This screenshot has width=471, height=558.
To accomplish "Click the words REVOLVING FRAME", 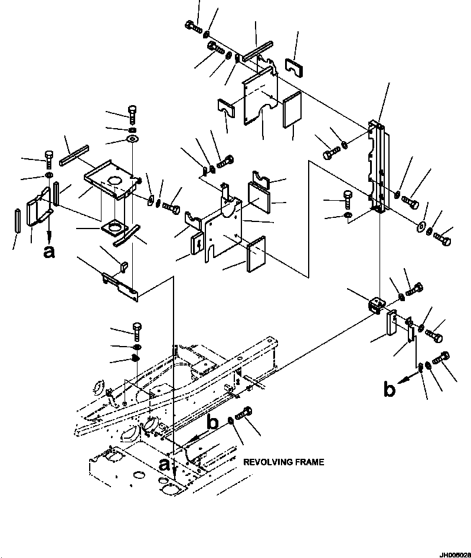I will click(283, 462).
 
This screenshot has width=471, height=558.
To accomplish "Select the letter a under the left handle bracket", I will click(49, 252).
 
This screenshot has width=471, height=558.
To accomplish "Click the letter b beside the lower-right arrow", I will click(389, 389).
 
